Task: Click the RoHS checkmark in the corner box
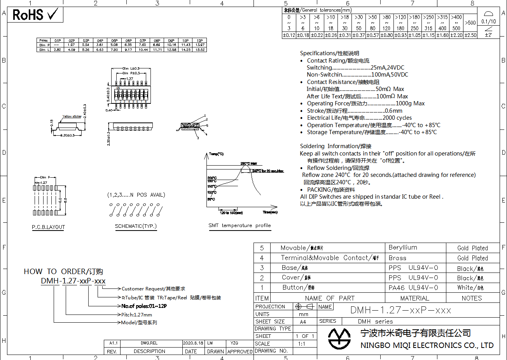click(x=52, y=15)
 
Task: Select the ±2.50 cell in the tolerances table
click(x=470, y=35)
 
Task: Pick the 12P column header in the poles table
click(x=200, y=40)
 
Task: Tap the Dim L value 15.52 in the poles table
click(x=200, y=50)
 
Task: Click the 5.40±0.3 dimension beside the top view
click(x=108, y=94)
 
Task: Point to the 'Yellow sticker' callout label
click(x=72, y=116)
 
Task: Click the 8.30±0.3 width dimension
click(x=67, y=135)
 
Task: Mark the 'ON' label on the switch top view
click(x=118, y=88)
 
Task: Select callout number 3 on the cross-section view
click(x=198, y=138)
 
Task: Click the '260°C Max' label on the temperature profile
click(x=248, y=164)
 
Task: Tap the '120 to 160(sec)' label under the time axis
click(x=231, y=213)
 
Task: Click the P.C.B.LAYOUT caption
click(x=48, y=227)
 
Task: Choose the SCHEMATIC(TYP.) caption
click(x=136, y=226)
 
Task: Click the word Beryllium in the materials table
click(x=403, y=248)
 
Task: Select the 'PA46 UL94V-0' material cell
click(x=413, y=288)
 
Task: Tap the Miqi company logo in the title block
click(x=339, y=339)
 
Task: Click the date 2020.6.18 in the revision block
click(x=193, y=343)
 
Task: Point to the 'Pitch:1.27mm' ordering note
click(x=136, y=315)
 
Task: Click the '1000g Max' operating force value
click(x=410, y=103)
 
